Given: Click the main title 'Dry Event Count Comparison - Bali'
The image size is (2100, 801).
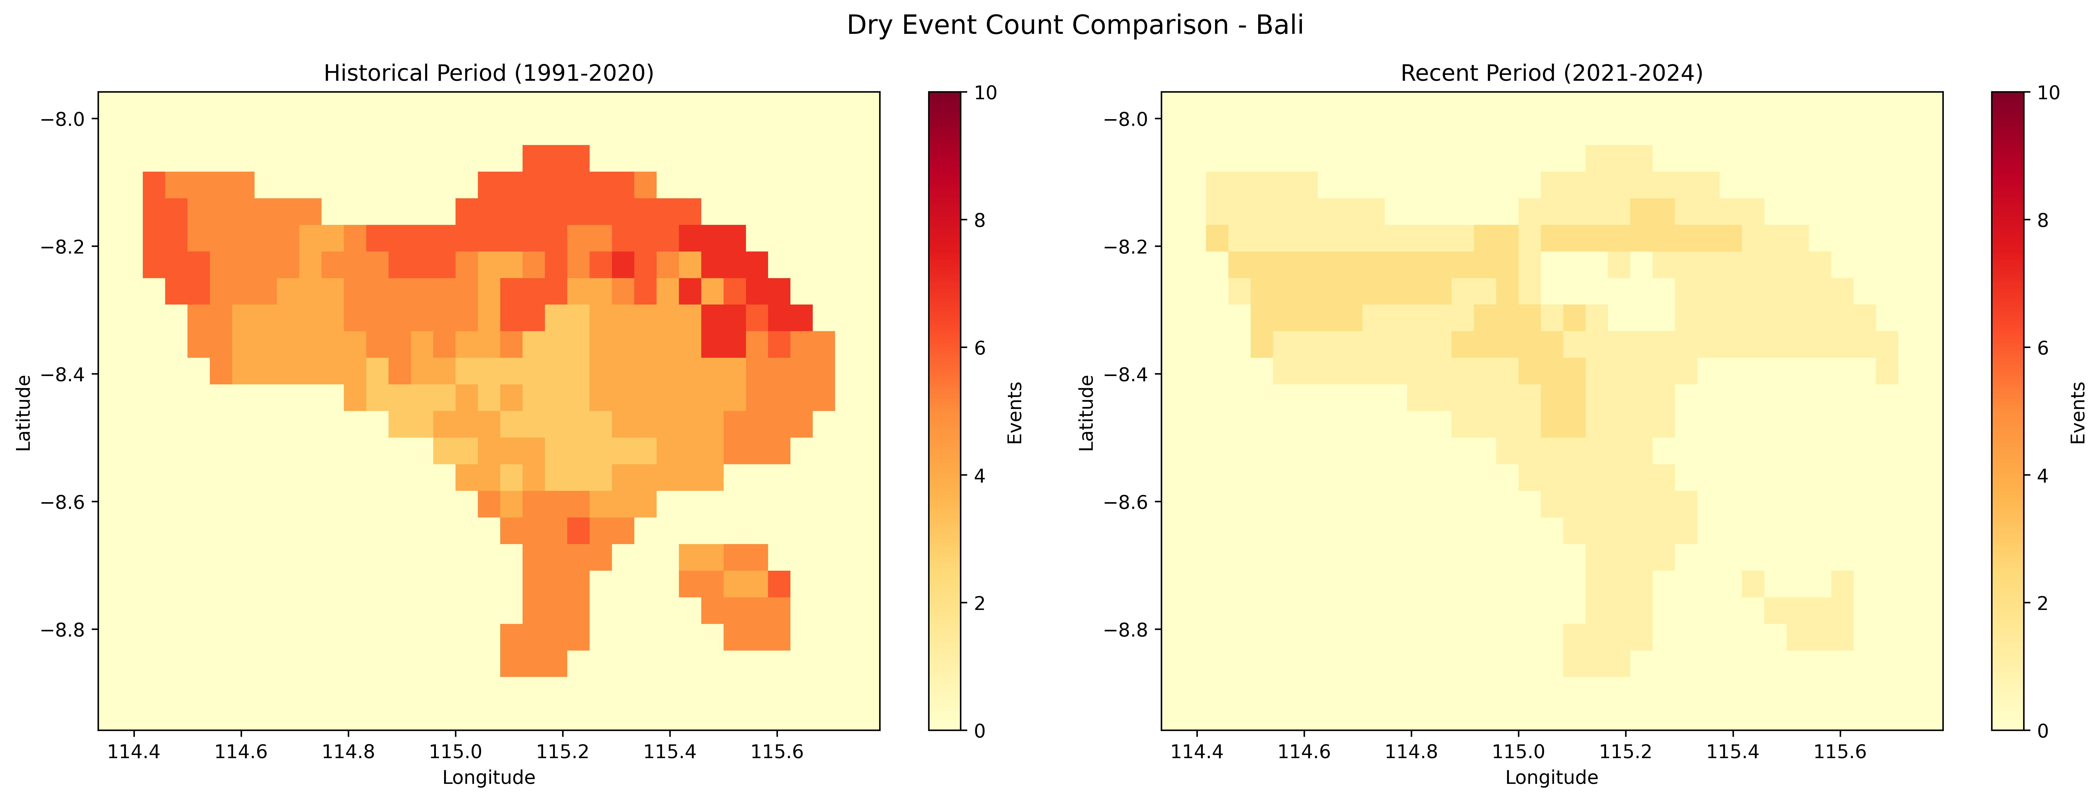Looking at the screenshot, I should [1074, 25].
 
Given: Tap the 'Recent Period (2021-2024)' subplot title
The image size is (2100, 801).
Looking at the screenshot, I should [1551, 73].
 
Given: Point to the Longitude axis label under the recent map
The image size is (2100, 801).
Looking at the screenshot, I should [1551, 777].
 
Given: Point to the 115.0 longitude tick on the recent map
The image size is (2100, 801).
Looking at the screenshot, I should [1519, 751].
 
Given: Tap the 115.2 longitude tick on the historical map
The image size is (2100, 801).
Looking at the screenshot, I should [563, 751].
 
